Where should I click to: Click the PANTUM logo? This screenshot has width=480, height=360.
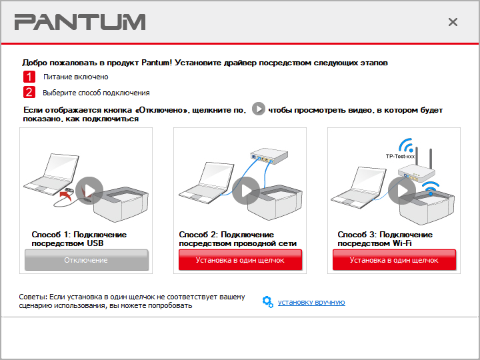[80, 22]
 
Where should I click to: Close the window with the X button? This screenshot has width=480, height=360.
[453, 22]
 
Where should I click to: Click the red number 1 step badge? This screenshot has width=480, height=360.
[29, 77]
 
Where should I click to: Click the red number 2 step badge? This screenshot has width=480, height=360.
[29, 92]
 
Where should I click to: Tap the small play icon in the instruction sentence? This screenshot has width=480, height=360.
[259, 109]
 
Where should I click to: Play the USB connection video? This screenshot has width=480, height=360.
[89, 191]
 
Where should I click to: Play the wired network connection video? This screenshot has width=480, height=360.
[246, 191]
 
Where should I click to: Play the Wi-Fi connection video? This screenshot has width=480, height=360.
[401, 191]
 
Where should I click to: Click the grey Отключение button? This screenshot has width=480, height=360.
[87, 260]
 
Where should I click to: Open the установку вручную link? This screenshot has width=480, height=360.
[311, 302]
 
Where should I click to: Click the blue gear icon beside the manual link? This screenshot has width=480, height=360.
[268, 302]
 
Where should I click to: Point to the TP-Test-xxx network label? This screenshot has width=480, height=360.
[400, 157]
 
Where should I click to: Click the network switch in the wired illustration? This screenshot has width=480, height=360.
[269, 156]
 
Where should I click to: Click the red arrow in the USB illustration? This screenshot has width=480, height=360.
[66, 195]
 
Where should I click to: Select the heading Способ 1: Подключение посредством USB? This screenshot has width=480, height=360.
[79, 239]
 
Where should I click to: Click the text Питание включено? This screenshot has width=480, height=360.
[75, 77]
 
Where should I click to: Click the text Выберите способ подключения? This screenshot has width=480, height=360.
[96, 93]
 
